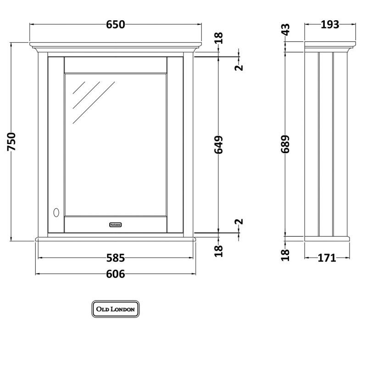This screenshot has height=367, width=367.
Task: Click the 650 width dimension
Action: pos(115,25)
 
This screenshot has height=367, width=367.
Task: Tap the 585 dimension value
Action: pos(115,258)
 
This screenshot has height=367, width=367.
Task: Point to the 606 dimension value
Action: pos(115,274)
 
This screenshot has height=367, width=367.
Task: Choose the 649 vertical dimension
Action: pos(219,145)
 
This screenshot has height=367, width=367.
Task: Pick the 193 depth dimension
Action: pos(328,25)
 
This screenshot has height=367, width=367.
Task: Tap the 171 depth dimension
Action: pos(327,258)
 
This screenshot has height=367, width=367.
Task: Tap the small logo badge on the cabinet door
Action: pos(115,225)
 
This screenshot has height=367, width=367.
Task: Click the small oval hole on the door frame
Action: pos(56,212)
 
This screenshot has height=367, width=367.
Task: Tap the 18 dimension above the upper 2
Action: pos(219,39)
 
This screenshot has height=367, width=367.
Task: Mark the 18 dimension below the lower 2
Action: pos(219,250)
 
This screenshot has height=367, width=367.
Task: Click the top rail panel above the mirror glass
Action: pos(115,64)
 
